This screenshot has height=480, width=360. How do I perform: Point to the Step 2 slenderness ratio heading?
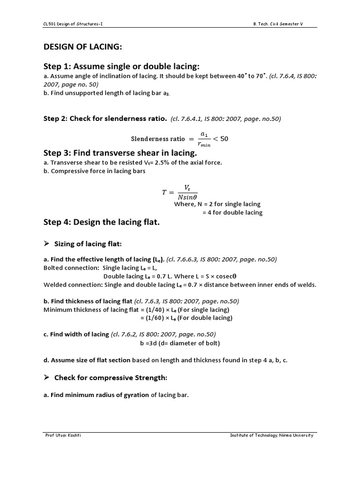click(x=105, y=119)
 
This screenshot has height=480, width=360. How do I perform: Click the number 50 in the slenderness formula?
click(x=224, y=139)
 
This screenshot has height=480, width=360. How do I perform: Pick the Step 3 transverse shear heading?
click(x=120, y=154)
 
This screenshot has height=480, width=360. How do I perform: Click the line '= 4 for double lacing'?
click(x=232, y=212)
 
